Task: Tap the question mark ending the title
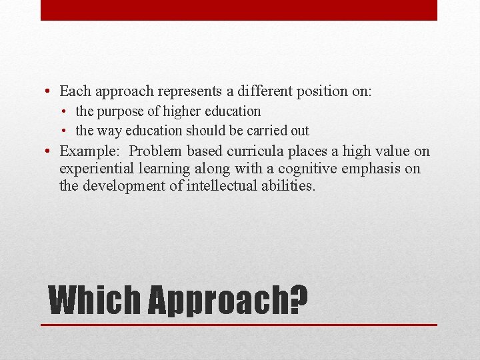tap(299, 301)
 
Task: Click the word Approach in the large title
tap(219, 302)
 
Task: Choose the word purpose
tap(117, 111)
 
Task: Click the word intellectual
tap(221, 186)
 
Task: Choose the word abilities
tap(287, 186)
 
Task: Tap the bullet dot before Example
tap(50, 152)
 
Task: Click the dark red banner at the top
tap(239, 10)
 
